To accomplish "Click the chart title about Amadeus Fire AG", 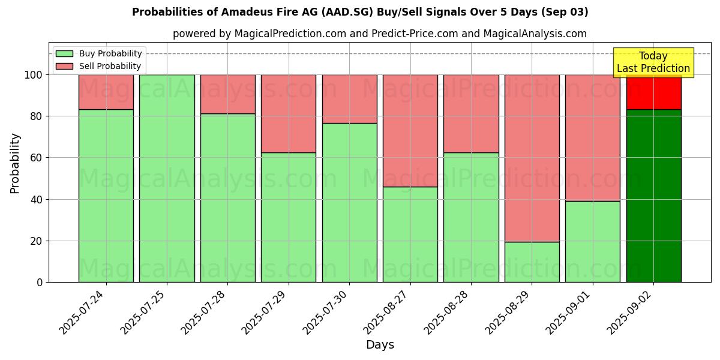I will (360, 12).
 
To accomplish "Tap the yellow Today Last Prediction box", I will (653, 62).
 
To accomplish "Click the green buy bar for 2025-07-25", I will (167, 178).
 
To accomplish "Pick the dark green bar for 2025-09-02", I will (653, 196).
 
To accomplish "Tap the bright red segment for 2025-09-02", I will (653, 92).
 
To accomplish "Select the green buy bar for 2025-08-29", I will (532, 262).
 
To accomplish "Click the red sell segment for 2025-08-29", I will (532, 158).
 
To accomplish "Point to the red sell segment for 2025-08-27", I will (410, 130).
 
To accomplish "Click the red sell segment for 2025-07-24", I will (106, 92).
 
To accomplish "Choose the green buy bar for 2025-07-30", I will (349, 202).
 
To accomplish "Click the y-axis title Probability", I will (15, 163).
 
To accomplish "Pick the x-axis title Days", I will (380, 345).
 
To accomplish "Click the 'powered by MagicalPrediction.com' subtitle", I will (380, 34).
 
